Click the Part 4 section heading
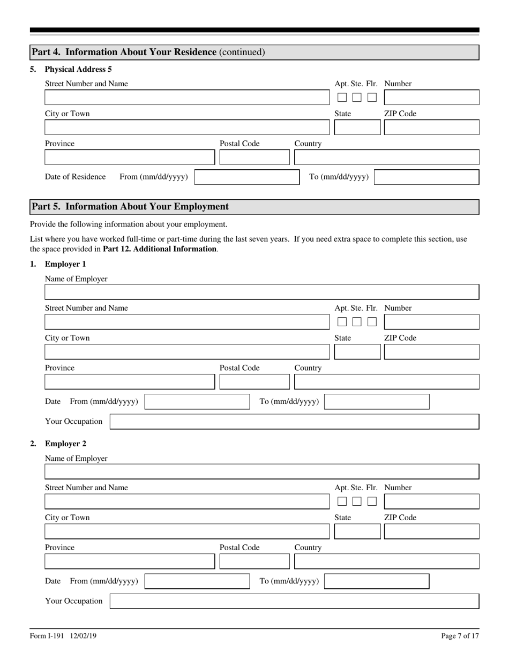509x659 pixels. [x=148, y=52]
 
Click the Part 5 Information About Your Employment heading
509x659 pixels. [x=130, y=207]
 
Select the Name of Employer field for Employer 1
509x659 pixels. [x=261, y=292]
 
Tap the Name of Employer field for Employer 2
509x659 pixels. [x=261, y=471]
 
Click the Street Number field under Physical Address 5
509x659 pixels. [x=186, y=98]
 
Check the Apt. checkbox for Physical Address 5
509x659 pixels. [x=342, y=98]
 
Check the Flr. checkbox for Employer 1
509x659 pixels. [x=372, y=322]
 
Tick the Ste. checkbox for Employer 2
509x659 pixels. [x=357, y=501]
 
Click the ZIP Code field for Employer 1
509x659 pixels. [x=431, y=352]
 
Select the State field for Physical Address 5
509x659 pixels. [x=357, y=128]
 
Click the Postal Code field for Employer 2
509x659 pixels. [x=254, y=561]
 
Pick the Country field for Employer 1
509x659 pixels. [x=386, y=382]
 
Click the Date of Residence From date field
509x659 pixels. [x=246, y=177]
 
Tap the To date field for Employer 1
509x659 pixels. [x=377, y=402]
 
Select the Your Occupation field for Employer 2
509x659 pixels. [x=294, y=601]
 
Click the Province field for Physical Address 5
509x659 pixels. [x=129, y=158]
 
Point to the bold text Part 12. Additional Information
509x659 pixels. [x=160, y=249]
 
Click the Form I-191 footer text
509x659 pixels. [x=63, y=636]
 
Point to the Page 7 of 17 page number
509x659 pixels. [x=460, y=636]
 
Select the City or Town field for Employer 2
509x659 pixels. [x=186, y=531]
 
